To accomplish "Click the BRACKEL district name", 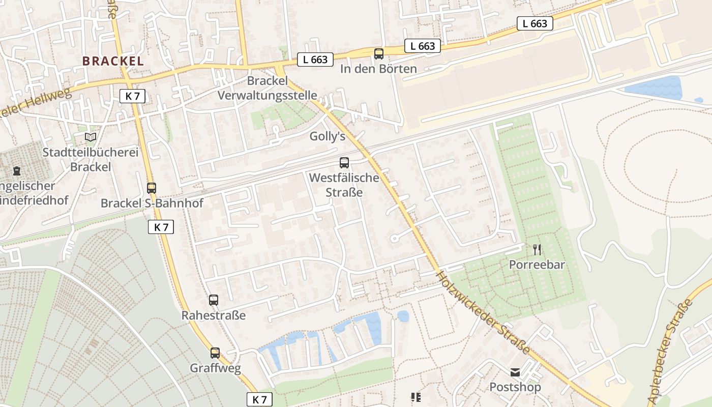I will click(x=113, y=61).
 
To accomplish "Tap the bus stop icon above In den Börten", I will click(x=378, y=54).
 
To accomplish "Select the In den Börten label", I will click(x=379, y=69).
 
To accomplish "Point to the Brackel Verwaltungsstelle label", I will click(x=268, y=88).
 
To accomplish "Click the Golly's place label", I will click(x=328, y=136).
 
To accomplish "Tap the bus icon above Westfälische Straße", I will click(x=344, y=163).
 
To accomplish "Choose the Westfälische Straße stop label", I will click(x=344, y=185).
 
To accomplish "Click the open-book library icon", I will click(x=91, y=137).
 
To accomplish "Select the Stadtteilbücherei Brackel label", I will click(x=91, y=160).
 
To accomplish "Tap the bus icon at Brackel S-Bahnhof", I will click(x=151, y=188).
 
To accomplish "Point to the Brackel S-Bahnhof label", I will click(x=152, y=203).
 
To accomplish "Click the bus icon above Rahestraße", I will click(x=214, y=300).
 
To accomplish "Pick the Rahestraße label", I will click(x=214, y=315).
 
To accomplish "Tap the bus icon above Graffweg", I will click(x=215, y=353).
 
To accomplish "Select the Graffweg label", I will click(x=215, y=368).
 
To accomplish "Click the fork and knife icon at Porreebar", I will click(x=537, y=249).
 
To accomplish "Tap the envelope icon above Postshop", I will click(x=515, y=372).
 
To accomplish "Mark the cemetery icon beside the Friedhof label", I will click(x=17, y=170).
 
